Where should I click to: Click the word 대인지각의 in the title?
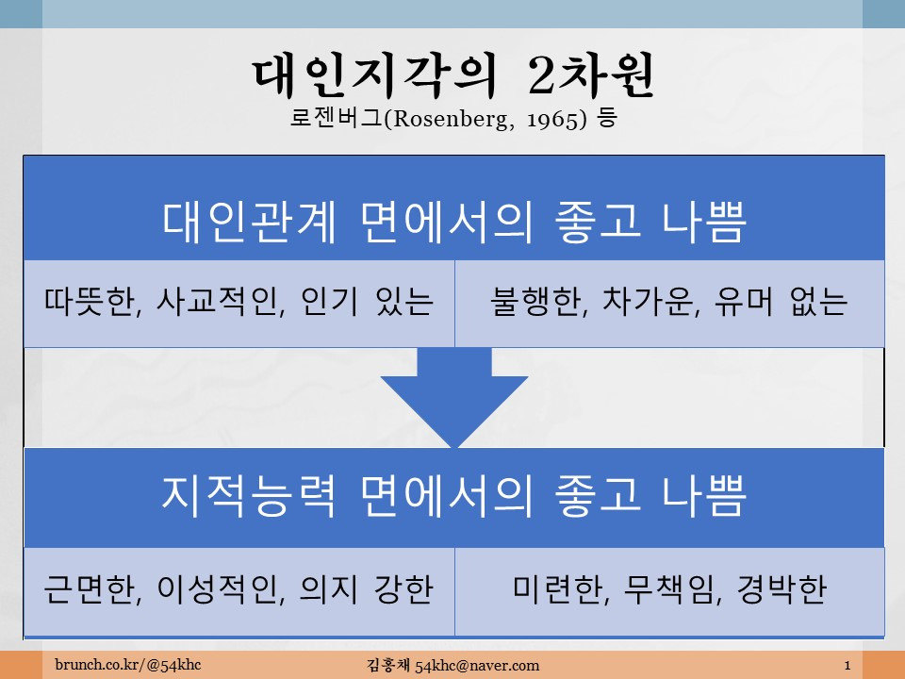[374, 75]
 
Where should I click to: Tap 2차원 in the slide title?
[591, 75]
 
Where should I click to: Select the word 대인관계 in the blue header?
[249, 222]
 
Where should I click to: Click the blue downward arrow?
[454, 397]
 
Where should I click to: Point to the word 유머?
[744, 302]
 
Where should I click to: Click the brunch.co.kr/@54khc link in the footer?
[128, 665]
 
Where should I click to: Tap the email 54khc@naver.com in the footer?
[477, 666]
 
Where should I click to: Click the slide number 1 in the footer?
[847, 665]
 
